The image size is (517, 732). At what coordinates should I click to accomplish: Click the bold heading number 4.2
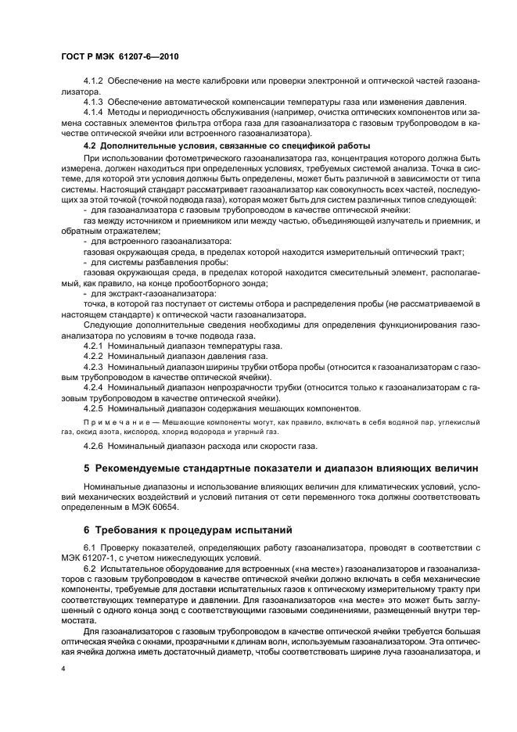pyautogui.click(x=90, y=145)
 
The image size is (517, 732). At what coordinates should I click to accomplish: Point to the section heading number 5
pyautogui.click(x=87, y=469)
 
